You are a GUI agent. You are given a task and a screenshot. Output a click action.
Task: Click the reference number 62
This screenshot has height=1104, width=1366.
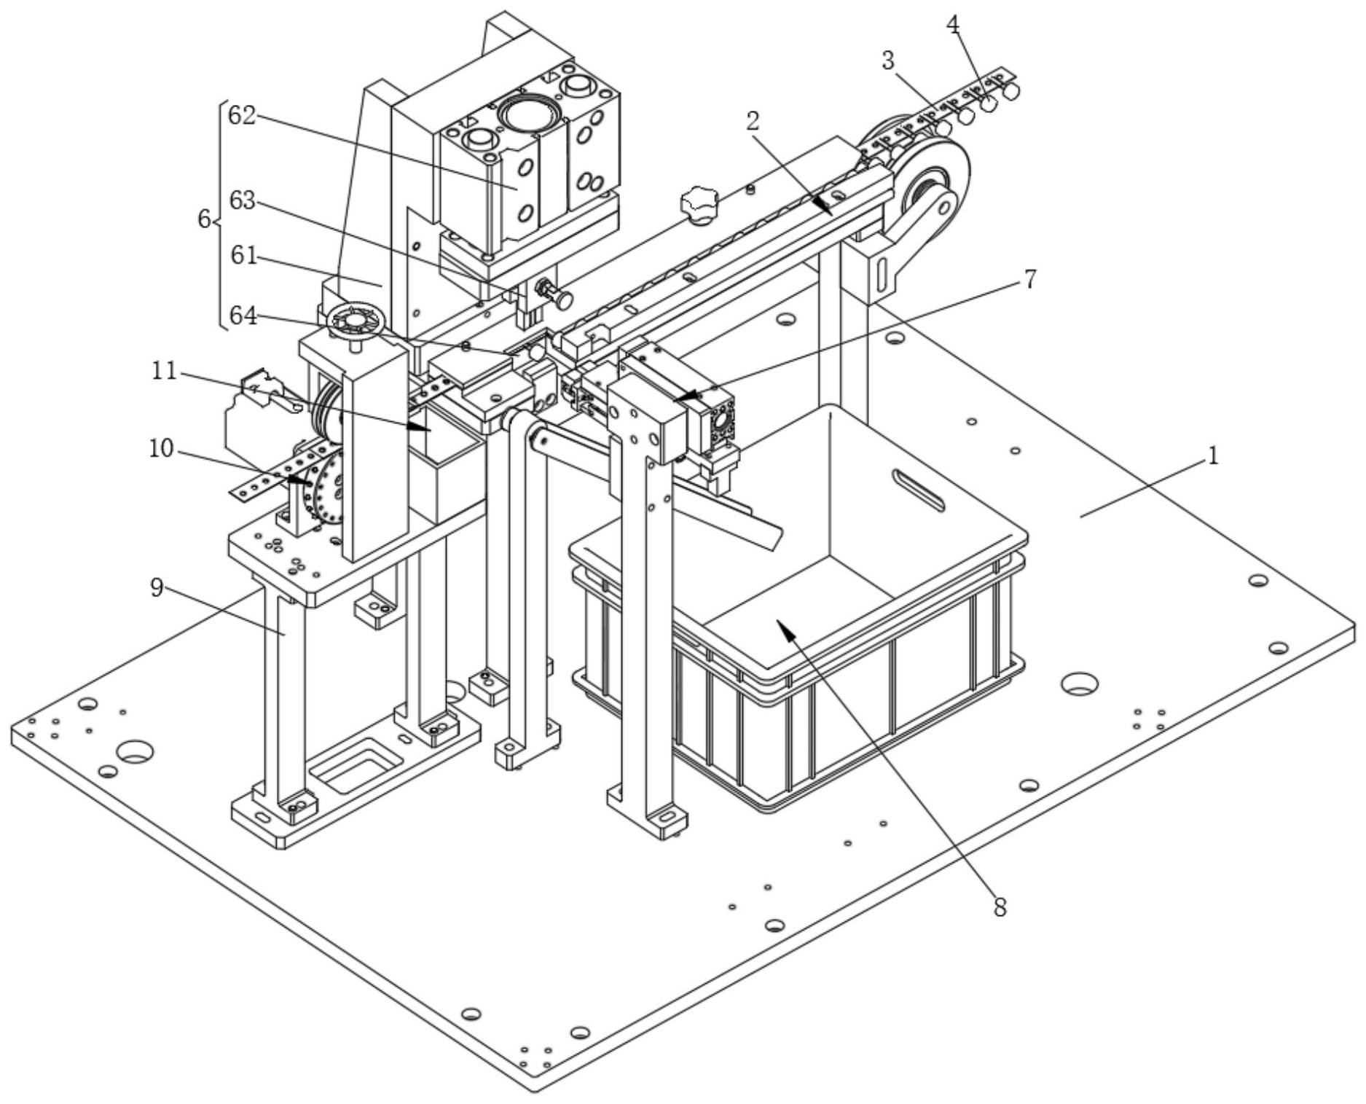[x=242, y=115]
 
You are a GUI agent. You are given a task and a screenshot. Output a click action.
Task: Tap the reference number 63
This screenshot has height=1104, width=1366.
[x=242, y=200]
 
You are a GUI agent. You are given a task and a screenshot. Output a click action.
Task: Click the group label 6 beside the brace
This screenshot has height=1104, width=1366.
[x=205, y=218]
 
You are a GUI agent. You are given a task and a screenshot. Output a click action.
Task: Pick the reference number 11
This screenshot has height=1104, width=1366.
[x=165, y=371]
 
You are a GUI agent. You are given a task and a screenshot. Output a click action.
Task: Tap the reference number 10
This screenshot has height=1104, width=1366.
[x=161, y=448]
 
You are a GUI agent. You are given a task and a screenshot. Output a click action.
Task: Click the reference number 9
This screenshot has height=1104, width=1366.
[x=157, y=588]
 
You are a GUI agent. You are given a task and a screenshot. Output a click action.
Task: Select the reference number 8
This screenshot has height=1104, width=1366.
[x=1000, y=907]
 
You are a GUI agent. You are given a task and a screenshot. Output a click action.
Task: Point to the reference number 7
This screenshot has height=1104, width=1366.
[x=1029, y=279]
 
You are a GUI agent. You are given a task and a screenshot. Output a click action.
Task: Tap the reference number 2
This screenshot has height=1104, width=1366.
[x=753, y=122]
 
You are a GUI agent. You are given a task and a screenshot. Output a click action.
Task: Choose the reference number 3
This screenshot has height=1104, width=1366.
[x=887, y=61]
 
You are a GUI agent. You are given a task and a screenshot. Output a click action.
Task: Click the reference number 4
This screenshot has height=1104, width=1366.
[x=953, y=25]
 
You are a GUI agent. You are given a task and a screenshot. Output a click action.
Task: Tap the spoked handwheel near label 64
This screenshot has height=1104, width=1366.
[x=355, y=321]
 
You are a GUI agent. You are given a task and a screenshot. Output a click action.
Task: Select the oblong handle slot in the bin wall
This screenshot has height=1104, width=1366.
[x=919, y=490]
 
